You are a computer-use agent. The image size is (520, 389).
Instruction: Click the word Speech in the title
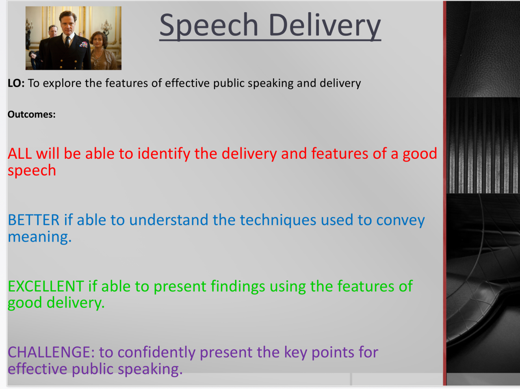(208, 26)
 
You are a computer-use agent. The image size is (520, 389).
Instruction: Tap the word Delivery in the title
(325, 26)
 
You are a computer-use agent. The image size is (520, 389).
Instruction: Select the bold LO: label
(16, 83)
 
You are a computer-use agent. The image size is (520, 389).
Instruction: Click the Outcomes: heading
(32, 115)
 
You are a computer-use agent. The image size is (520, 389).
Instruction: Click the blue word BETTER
(34, 220)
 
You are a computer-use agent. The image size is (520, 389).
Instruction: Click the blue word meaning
(39, 237)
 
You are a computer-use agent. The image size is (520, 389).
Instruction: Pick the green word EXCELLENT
(46, 287)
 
